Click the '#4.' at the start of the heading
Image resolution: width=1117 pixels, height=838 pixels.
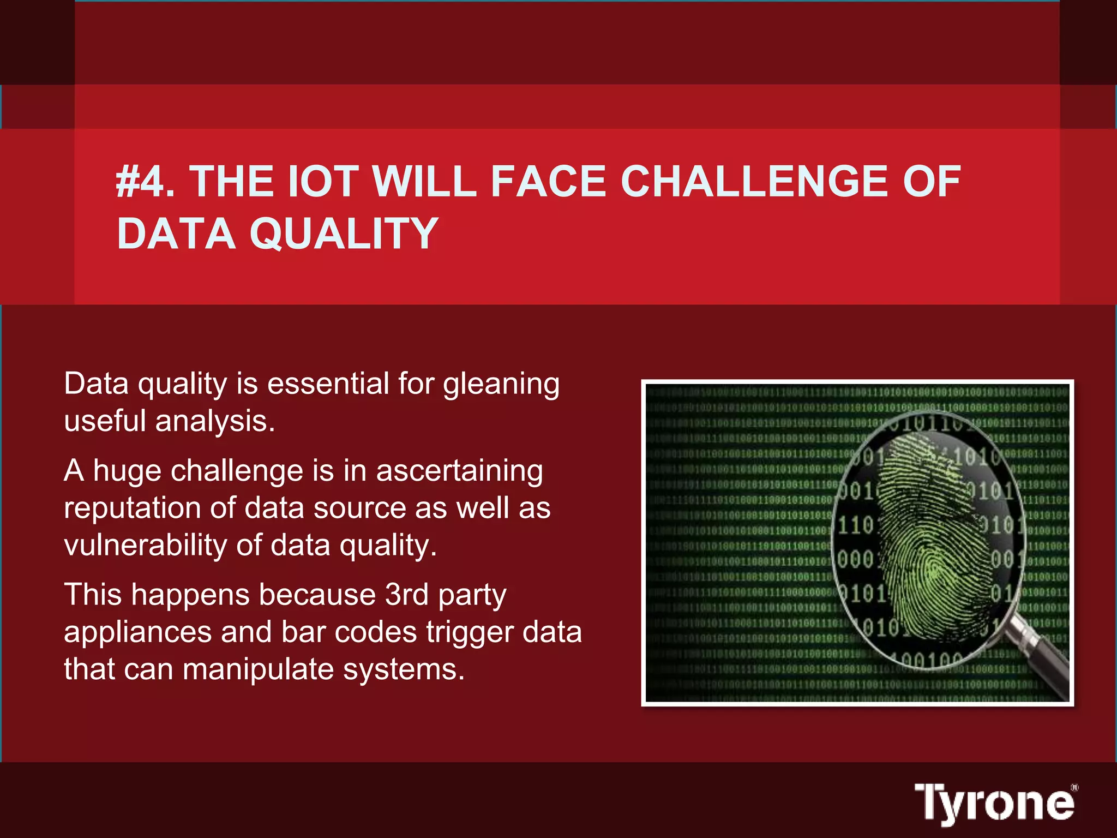(145, 182)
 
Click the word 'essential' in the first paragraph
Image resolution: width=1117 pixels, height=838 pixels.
(328, 384)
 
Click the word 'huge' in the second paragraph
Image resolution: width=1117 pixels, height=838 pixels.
(127, 472)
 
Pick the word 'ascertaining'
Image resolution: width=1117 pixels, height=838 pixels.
(459, 472)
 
